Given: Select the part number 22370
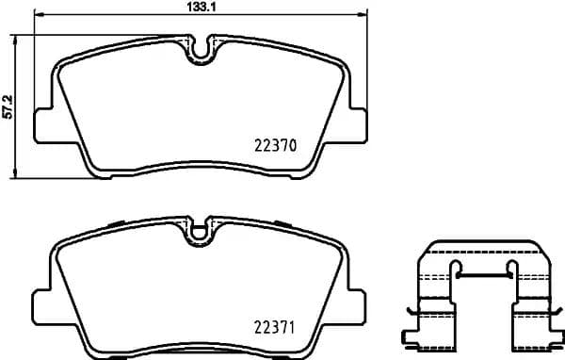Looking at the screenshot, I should tap(276, 146).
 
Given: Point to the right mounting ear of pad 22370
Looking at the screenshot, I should tap(355, 123).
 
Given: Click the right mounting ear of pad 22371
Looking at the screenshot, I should tap(355, 304).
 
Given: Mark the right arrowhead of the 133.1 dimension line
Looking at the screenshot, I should tap(363, 17).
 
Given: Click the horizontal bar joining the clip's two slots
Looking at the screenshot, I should tap(483, 278).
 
